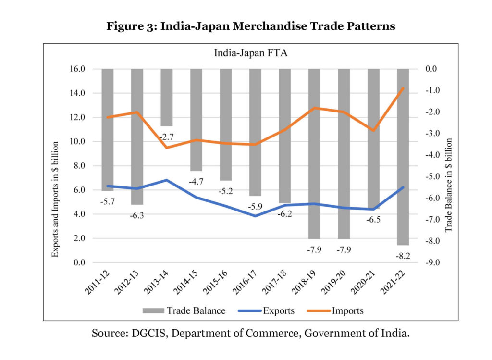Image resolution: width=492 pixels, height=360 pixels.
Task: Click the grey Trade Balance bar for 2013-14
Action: (x=166, y=97)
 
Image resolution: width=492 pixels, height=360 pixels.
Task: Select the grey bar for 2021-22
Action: (x=403, y=157)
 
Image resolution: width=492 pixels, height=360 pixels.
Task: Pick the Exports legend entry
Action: (x=266, y=310)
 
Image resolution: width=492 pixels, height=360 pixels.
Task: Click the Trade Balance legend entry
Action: (x=184, y=310)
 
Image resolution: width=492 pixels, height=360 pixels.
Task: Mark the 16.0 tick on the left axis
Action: (x=76, y=69)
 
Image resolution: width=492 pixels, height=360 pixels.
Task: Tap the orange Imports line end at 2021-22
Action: (x=403, y=88)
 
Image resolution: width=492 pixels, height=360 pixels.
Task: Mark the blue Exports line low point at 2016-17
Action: (x=255, y=216)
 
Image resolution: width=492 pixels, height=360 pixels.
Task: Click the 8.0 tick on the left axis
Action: (x=77, y=166)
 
